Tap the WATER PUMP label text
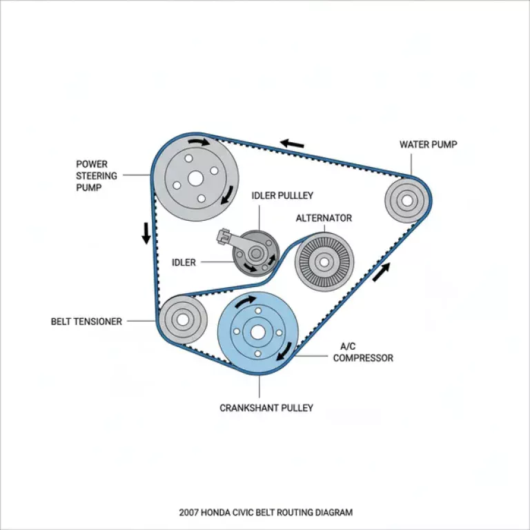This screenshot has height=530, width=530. click(428, 144)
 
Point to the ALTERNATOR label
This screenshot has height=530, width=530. click(324, 218)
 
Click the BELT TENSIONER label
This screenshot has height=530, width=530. click(86, 322)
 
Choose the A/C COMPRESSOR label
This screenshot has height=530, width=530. click(363, 353)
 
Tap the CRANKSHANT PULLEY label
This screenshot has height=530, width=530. click(266, 408)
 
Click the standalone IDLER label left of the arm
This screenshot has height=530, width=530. click(184, 262)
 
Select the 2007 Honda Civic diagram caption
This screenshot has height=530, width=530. click(266, 513)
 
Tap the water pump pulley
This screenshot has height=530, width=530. click(406, 201)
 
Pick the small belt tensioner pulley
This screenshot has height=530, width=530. click(182, 320)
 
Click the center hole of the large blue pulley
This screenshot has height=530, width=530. click(257, 332)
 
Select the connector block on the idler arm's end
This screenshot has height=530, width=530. click(223, 237)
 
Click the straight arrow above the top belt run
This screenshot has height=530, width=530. click(291, 144)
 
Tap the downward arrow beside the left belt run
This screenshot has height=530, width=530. click(146, 233)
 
